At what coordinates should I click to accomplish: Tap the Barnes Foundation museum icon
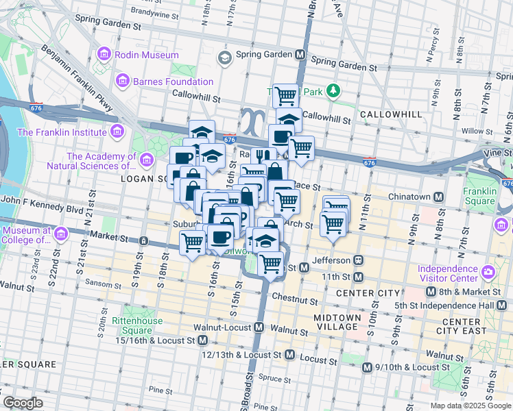pos(123,82)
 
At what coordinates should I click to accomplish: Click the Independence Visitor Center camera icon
pos(488,273)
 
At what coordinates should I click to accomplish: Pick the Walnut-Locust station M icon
pos(259,328)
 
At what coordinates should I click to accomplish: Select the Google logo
pos(23,403)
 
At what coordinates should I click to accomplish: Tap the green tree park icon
pos(333,90)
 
